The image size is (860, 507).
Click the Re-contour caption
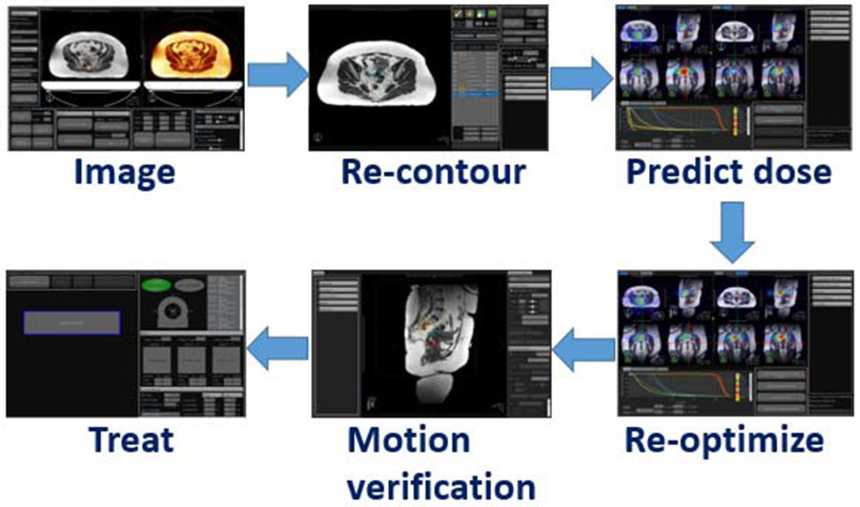(x=432, y=172)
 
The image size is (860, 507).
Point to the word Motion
(x=408, y=439)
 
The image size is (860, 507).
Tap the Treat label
(x=131, y=439)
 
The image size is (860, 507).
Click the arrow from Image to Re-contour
(x=277, y=76)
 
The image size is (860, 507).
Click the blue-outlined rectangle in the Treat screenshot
(x=72, y=322)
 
